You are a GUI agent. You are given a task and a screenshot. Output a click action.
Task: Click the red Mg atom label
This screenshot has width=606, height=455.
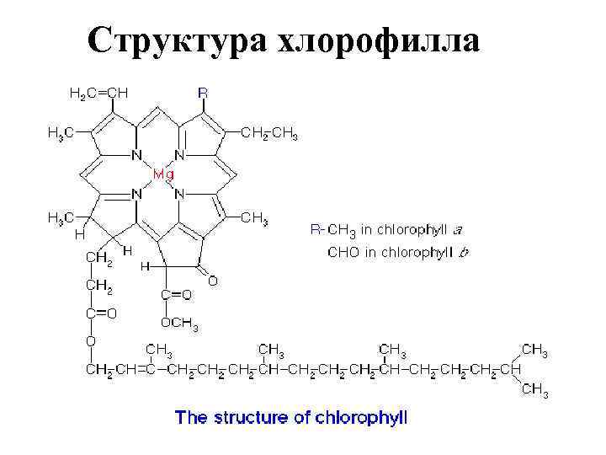coord(162,174)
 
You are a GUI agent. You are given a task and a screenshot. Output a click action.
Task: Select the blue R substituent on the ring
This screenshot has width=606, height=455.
coord(203,93)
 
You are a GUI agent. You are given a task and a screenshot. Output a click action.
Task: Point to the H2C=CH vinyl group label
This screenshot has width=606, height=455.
coord(98,94)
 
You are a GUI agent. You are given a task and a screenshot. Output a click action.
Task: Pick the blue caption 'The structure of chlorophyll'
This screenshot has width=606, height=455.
coord(290,418)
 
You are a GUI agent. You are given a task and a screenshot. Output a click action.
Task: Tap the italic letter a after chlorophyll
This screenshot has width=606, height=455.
coord(459,228)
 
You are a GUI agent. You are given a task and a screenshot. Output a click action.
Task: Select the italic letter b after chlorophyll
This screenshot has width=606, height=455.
coord(464,251)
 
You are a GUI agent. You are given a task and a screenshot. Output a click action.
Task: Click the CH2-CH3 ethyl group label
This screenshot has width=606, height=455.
coord(268,133)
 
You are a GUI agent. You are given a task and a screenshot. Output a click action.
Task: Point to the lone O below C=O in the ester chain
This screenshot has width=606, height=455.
coord(91,341)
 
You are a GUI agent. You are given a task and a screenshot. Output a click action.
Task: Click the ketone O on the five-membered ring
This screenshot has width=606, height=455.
coord(213,281)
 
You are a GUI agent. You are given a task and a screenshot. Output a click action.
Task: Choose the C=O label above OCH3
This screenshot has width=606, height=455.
coord(176,294)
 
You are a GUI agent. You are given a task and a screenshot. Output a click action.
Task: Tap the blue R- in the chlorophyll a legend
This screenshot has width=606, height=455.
coord(317,228)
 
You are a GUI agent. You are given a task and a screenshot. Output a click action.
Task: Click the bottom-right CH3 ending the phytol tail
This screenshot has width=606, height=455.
coord(535,389)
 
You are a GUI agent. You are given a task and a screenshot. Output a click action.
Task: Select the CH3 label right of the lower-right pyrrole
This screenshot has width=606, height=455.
coord(255,219)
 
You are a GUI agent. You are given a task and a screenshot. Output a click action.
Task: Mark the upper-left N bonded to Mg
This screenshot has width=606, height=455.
coord(135,155)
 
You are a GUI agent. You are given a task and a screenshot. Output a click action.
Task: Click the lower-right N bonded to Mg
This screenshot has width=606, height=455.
coord(179,194)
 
